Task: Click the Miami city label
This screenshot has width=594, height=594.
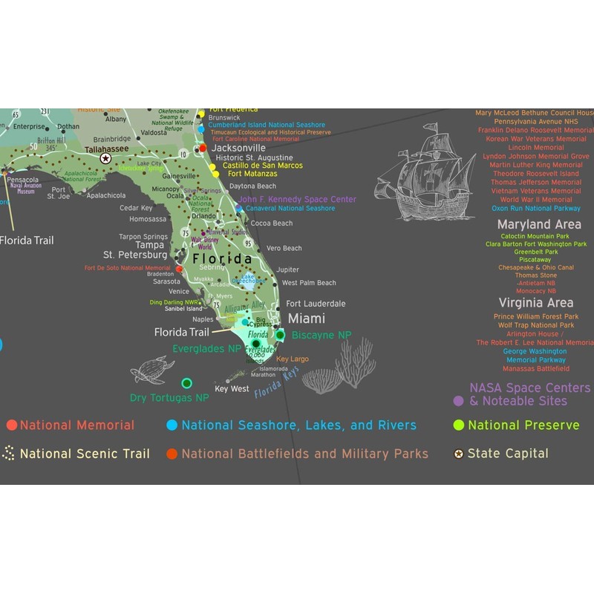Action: click(x=307, y=319)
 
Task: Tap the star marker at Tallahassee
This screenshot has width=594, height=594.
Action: click(x=105, y=158)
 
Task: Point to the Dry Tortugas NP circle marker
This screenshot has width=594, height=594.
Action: click(x=186, y=383)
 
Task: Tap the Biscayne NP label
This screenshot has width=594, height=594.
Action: click(x=322, y=336)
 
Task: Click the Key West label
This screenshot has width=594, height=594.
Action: click(x=232, y=389)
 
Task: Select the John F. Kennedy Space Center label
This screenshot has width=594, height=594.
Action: click(x=297, y=199)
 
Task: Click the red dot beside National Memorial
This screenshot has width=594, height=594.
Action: click(x=11, y=425)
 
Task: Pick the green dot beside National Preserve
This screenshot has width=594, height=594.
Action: click(x=459, y=425)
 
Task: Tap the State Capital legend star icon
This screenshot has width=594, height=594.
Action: click(x=459, y=454)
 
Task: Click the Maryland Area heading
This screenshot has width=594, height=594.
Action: click(x=535, y=224)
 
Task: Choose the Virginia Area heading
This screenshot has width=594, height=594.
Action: click(x=536, y=303)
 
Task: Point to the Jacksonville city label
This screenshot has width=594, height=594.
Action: click(x=238, y=148)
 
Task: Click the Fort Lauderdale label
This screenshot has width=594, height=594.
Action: click(x=316, y=304)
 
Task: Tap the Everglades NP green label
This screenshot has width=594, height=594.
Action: click(x=207, y=348)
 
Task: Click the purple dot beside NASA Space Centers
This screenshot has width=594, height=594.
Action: click(x=459, y=401)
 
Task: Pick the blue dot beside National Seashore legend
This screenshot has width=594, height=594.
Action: click(x=172, y=425)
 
